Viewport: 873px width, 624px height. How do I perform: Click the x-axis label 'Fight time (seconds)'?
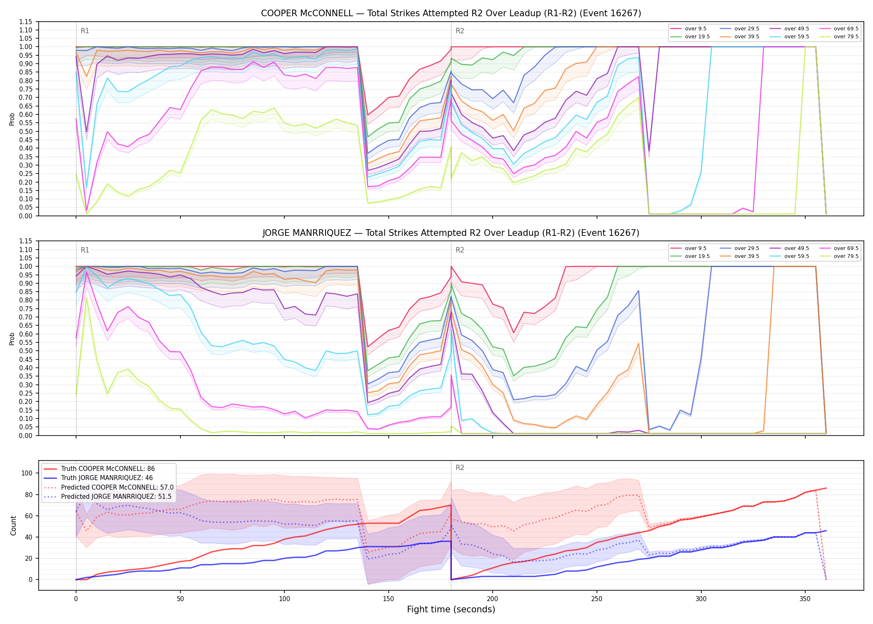[x=451, y=609]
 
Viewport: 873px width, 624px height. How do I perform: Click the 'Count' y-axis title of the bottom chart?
[x=13, y=525]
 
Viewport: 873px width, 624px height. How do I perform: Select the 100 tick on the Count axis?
[x=27, y=473]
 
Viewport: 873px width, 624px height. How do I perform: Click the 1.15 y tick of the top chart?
[x=26, y=22]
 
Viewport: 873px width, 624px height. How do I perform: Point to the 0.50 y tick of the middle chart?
[x=26, y=351]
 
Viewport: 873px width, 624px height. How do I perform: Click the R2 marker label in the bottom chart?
[x=460, y=468]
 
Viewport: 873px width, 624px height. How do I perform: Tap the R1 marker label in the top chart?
[x=85, y=31]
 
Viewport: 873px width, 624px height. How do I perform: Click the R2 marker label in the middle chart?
[x=460, y=250]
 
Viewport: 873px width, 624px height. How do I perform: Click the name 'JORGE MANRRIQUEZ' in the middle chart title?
[x=307, y=233]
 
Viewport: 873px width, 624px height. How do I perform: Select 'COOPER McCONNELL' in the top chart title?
[x=307, y=13]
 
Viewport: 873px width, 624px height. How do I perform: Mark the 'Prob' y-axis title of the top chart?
[x=12, y=119]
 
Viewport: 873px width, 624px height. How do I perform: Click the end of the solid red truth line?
[x=826, y=488]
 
